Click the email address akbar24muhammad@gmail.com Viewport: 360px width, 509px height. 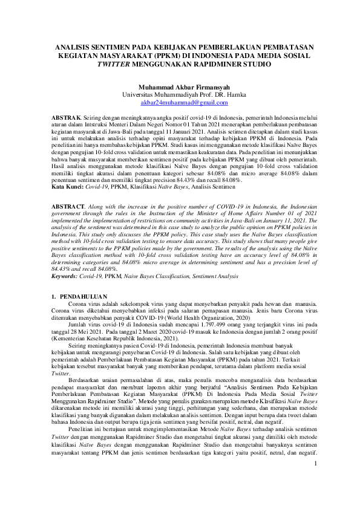pos(180,103)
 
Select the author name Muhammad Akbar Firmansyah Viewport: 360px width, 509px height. pos(180,87)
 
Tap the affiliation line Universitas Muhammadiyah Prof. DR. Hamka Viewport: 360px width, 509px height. pos(180,95)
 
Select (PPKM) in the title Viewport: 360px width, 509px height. pos(171,54)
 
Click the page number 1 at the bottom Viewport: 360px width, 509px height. pos(315,480)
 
